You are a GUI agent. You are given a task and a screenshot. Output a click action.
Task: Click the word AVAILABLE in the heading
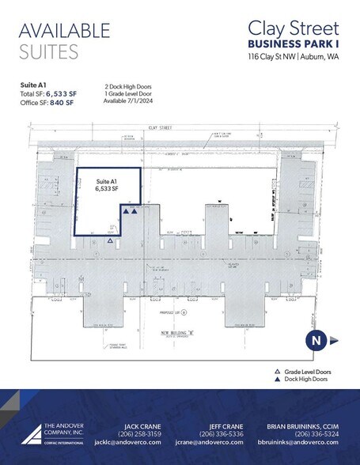tap(64, 31)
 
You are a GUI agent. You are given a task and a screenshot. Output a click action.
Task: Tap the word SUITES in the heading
tap(49, 52)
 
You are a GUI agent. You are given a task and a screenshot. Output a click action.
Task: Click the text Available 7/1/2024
tap(129, 101)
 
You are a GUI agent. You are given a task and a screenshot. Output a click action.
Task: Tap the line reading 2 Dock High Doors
tap(129, 85)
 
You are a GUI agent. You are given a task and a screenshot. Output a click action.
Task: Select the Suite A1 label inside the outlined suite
tap(106, 181)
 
